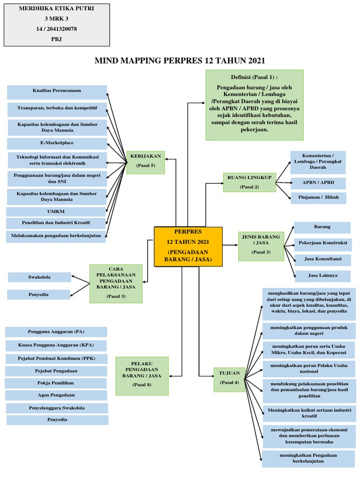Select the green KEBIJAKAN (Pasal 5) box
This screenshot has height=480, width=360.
(145, 161)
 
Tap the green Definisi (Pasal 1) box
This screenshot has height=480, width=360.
(255, 105)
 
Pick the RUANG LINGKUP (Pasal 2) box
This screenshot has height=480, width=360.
(249, 182)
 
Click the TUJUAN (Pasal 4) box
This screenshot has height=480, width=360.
(229, 377)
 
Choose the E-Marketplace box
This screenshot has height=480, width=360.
(57, 143)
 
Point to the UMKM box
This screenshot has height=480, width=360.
(56, 211)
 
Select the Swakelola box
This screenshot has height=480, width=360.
(39, 277)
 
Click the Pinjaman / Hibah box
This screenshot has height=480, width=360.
(318, 198)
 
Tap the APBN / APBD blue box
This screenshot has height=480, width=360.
(318, 183)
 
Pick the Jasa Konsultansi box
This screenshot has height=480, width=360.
(322, 259)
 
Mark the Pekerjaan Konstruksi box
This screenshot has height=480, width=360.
(322, 243)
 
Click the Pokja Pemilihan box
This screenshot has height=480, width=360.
(56, 383)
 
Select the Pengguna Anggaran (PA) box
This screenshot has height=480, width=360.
(56, 332)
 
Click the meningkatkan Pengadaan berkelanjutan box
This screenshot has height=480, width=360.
(308, 458)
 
